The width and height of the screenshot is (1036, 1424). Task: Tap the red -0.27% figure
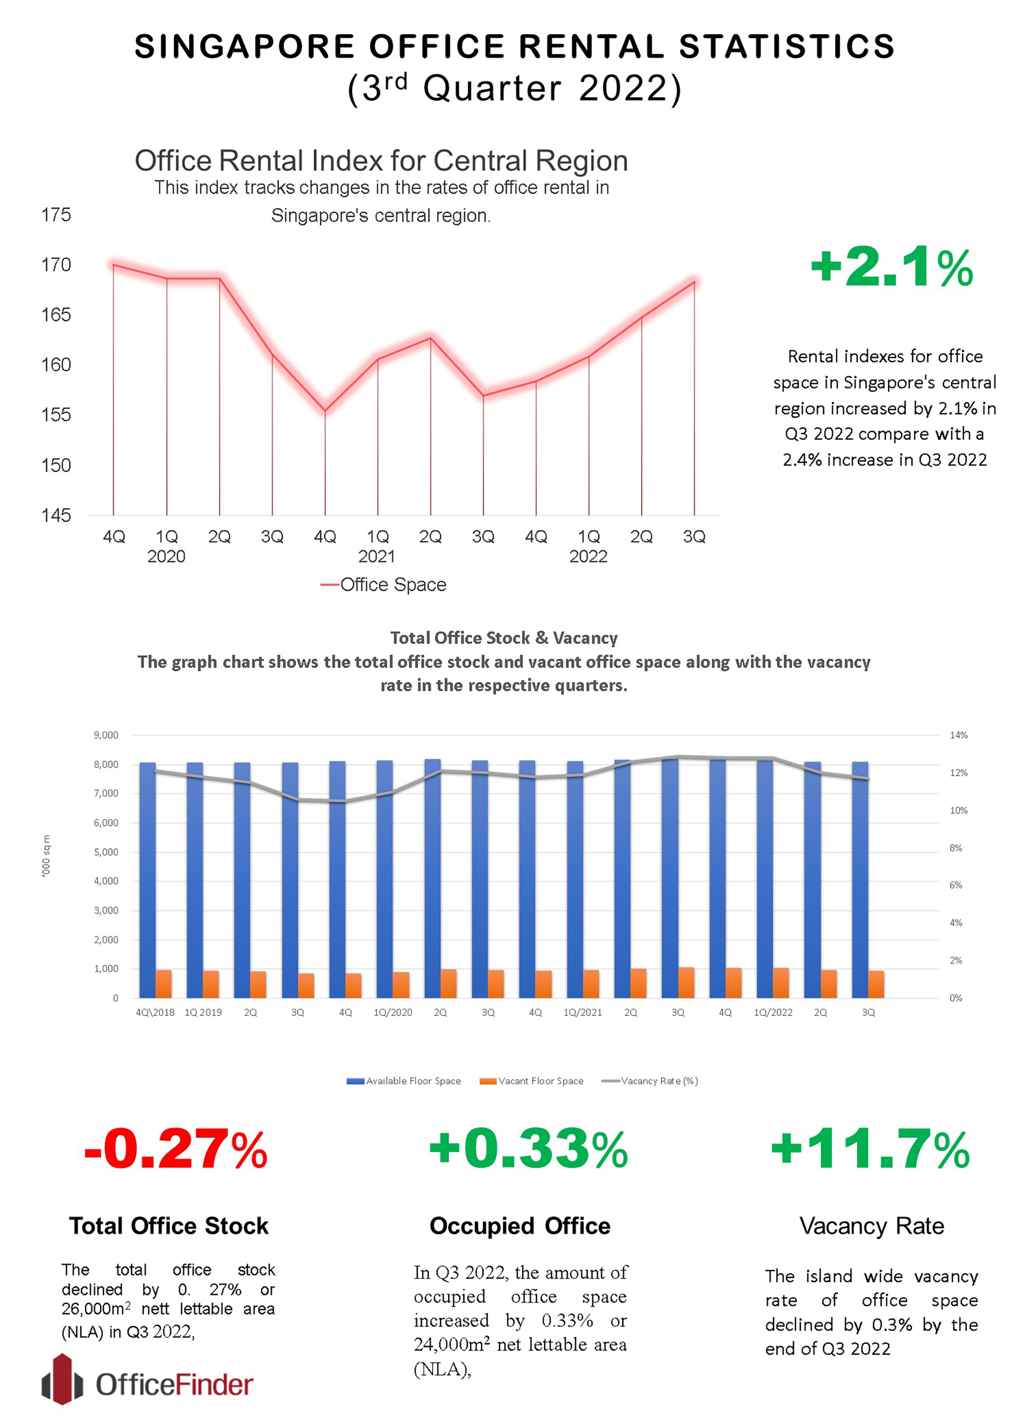pyautogui.click(x=176, y=1150)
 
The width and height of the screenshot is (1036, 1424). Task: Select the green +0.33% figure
pyautogui.click(x=528, y=1150)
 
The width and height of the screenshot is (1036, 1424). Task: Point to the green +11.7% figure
pyautogui.click(x=870, y=1150)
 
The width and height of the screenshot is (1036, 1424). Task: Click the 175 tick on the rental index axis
pyautogui.click(x=56, y=215)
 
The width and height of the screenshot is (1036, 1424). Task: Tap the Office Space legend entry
pyautogui.click(x=384, y=585)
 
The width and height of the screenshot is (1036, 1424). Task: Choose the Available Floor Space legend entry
pyautogui.click(x=404, y=1081)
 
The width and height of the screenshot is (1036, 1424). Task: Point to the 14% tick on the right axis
pyautogui.click(x=958, y=735)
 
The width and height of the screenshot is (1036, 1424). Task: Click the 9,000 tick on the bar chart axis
pyautogui.click(x=106, y=735)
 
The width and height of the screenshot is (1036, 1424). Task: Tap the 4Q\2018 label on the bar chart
pyautogui.click(x=155, y=1012)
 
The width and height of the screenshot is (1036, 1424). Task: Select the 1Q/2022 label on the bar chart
pyautogui.click(x=773, y=1012)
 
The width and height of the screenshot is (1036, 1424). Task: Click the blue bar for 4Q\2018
pyautogui.click(x=147, y=879)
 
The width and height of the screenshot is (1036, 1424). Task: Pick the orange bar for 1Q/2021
pyautogui.click(x=591, y=984)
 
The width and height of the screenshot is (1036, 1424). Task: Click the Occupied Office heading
pyautogui.click(x=520, y=1226)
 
